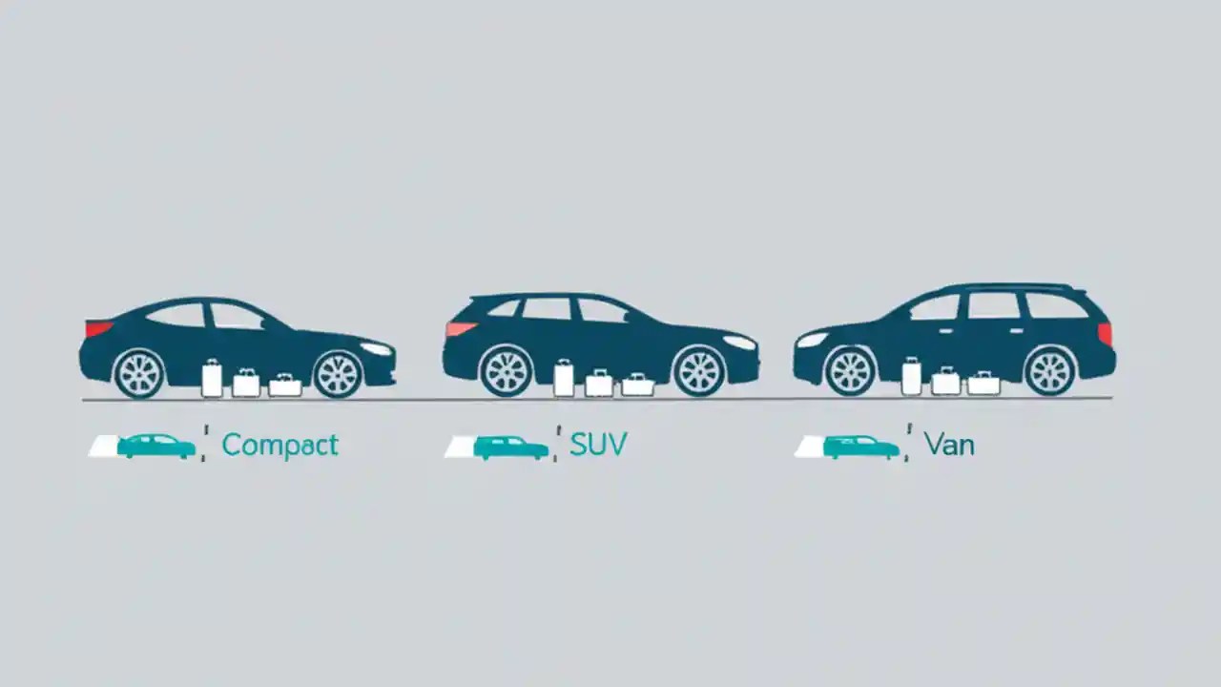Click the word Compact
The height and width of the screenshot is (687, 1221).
[x=279, y=446]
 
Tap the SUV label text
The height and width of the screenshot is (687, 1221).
[x=598, y=446]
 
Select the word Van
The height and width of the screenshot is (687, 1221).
[x=949, y=446]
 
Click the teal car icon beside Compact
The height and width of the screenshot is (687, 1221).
[x=156, y=446]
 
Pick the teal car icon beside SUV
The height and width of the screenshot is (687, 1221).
[x=511, y=447]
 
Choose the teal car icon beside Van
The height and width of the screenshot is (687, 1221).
[x=860, y=446]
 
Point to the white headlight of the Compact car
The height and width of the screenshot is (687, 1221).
[x=376, y=348]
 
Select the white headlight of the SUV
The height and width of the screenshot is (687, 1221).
[x=739, y=342]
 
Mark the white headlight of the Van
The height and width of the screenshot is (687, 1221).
[x=812, y=340]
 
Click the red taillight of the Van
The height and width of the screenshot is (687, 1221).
[x=1105, y=333]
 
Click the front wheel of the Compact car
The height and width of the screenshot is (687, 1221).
[x=338, y=373]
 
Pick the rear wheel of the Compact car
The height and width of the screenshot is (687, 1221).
[x=139, y=373]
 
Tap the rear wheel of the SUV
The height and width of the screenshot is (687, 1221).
[x=506, y=370]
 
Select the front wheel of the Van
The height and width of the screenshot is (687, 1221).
[x=850, y=370]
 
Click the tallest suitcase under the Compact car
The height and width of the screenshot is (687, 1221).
[x=212, y=379]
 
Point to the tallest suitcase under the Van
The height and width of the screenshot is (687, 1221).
[x=912, y=377]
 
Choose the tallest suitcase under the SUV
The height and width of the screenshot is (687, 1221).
[x=564, y=378]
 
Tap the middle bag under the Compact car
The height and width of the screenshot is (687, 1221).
[x=246, y=383]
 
